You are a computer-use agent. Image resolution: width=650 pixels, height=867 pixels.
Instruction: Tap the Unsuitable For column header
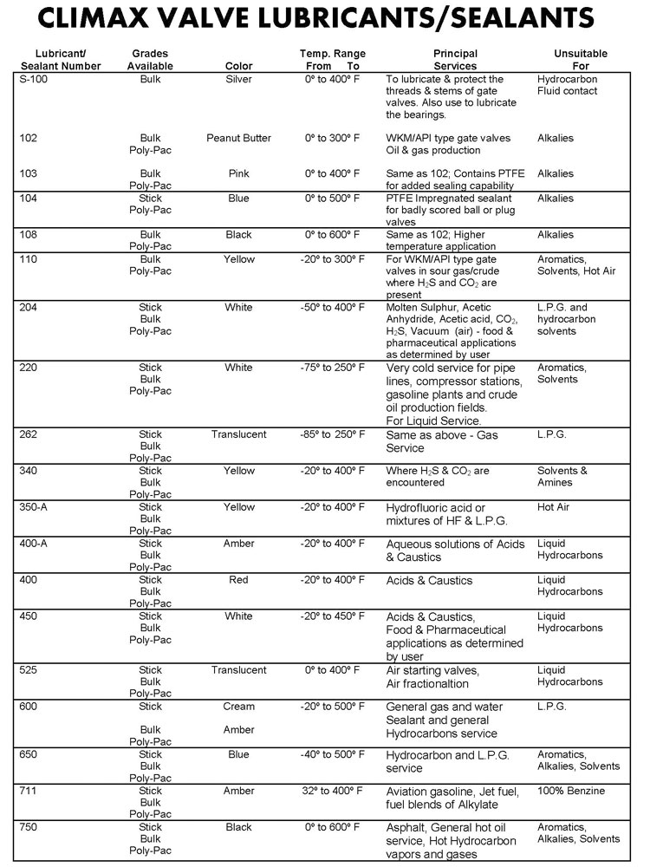(x=581, y=59)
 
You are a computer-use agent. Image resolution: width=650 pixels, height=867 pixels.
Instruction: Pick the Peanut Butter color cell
(x=238, y=138)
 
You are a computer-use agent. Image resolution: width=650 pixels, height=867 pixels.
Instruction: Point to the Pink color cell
(x=238, y=174)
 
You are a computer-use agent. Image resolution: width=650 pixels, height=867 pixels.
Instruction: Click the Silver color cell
(x=238, y=79)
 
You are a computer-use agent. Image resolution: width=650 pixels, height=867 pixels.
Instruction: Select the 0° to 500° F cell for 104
(x=332, y=199)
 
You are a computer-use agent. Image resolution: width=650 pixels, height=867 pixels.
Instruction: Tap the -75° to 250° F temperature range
(x=332, y=368)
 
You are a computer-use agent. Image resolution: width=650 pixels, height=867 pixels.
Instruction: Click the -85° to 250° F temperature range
(x=332, y=434)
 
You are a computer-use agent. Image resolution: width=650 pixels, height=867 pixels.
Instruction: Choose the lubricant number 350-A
(x=34, y=507)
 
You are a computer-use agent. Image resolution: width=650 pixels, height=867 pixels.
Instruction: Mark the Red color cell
(x=238, y=580)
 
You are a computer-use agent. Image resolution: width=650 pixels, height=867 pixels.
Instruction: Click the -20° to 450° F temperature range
(x=332, y=616)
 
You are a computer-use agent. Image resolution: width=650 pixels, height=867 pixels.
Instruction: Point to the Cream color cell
(x=238, y=707)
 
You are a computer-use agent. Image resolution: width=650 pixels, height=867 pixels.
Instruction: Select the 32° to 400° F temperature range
(x=332, y=791)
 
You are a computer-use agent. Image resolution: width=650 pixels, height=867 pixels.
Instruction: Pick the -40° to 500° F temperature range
(x=332, y=754)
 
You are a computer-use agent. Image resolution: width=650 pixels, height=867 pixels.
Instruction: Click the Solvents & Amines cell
(x=562, y=477)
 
